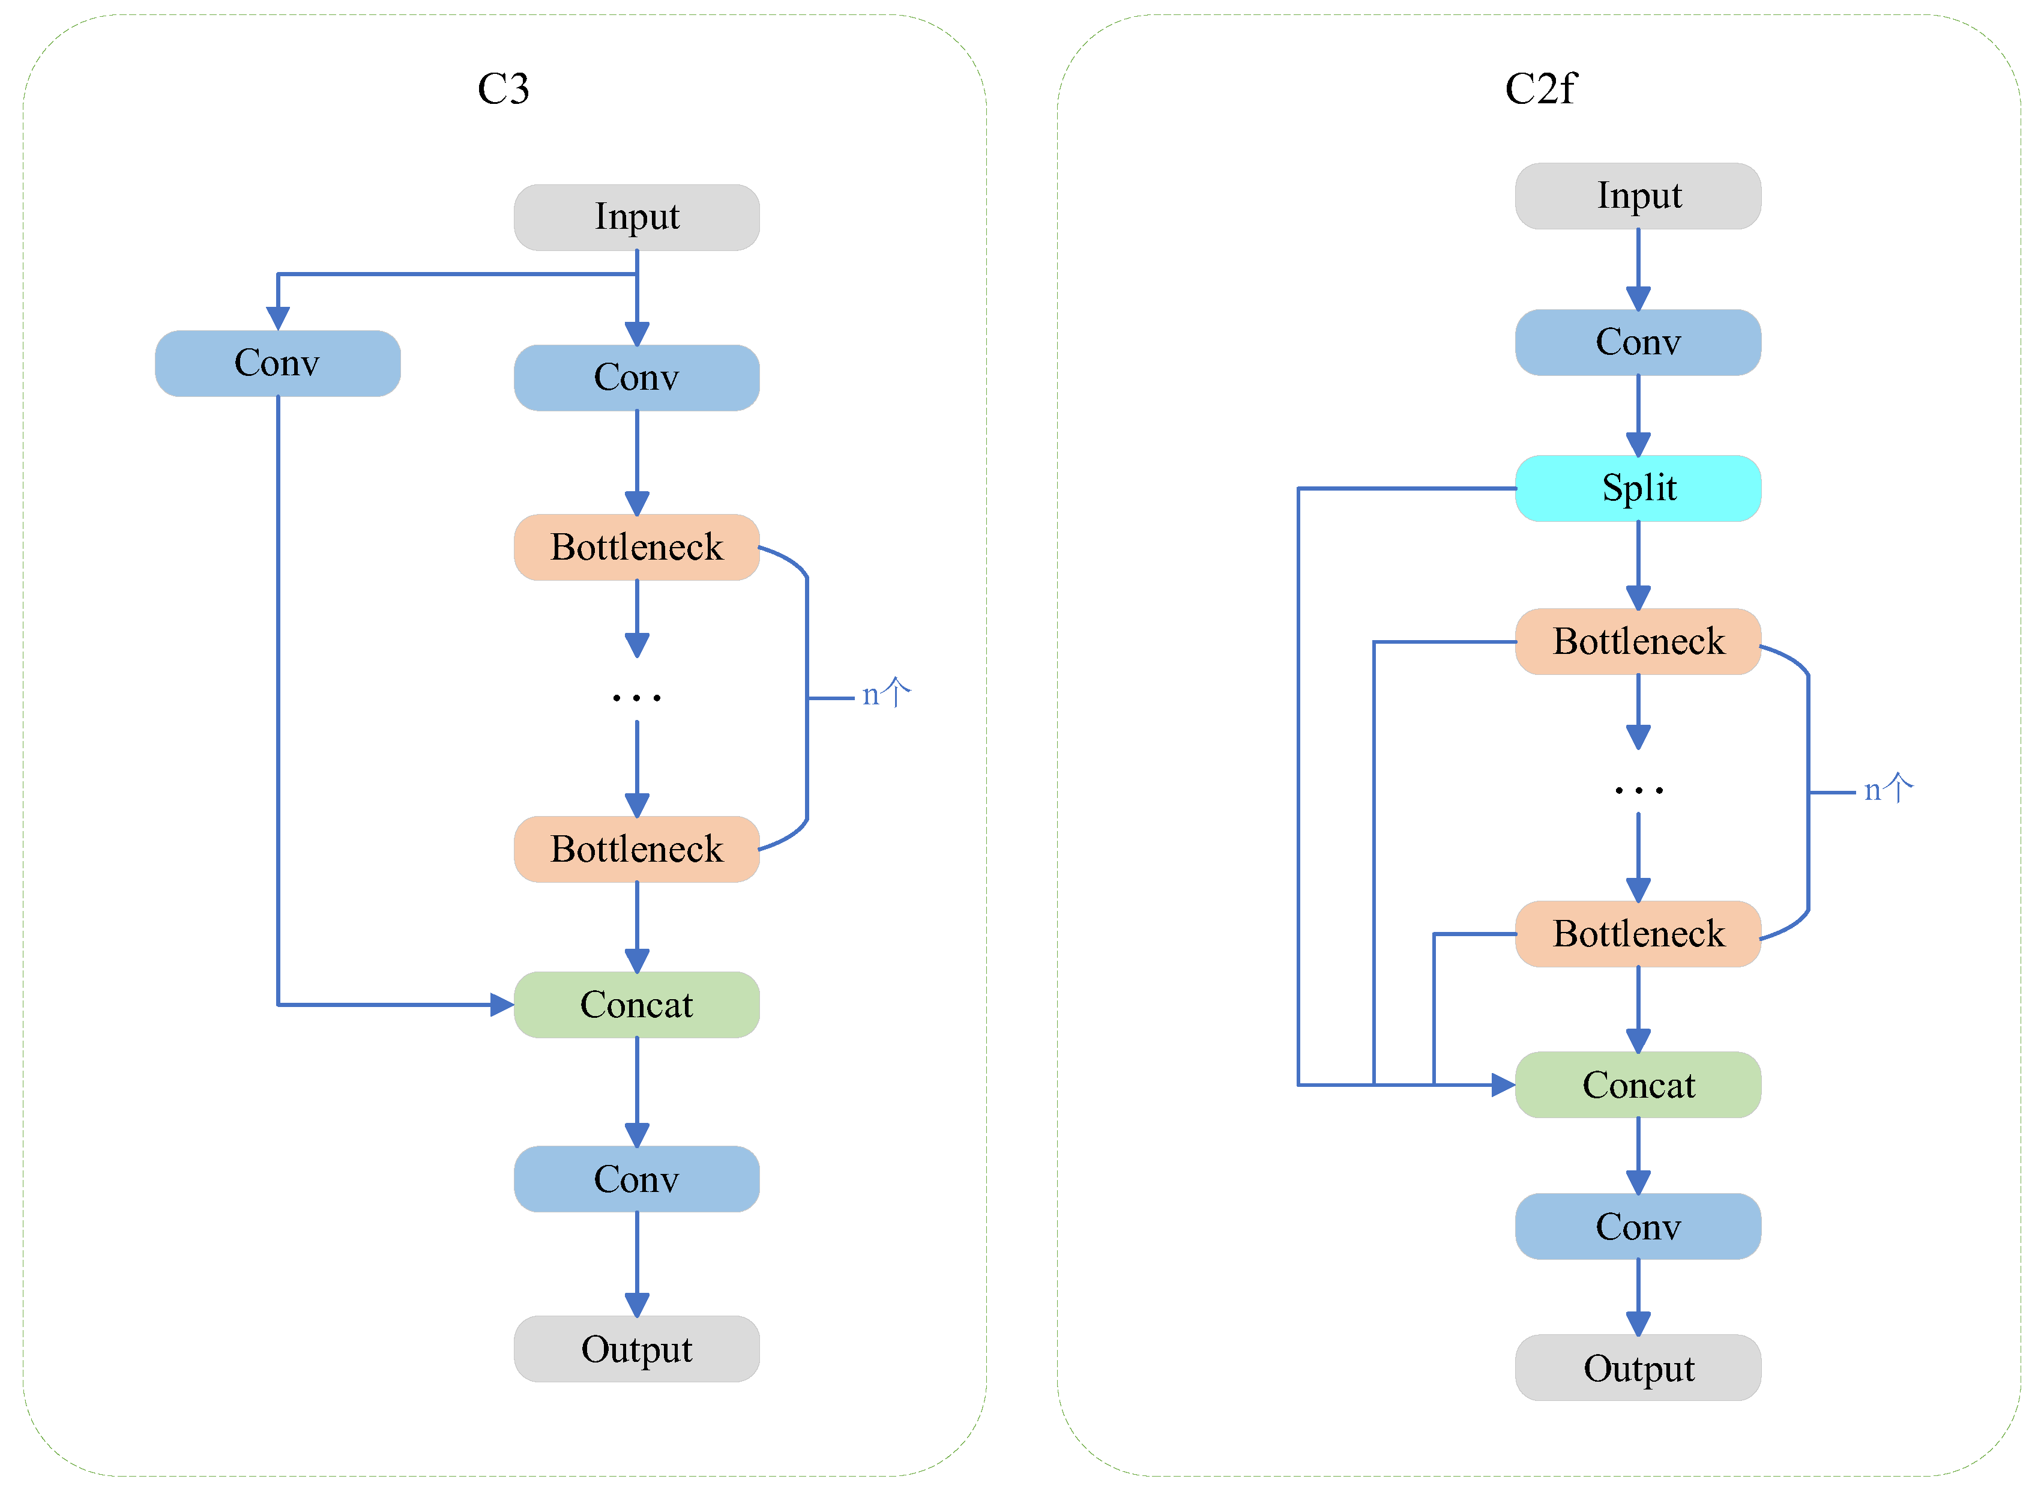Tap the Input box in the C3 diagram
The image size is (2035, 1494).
click(636, 217)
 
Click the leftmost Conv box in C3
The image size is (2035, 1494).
click(277, 363)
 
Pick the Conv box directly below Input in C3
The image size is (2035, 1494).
click(636, 377)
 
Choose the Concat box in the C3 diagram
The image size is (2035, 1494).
click(636, 1004)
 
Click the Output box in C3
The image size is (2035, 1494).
click(636, 1349)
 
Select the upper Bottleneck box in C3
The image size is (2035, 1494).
click(636, 547)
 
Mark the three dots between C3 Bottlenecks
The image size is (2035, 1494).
click(636, 697)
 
